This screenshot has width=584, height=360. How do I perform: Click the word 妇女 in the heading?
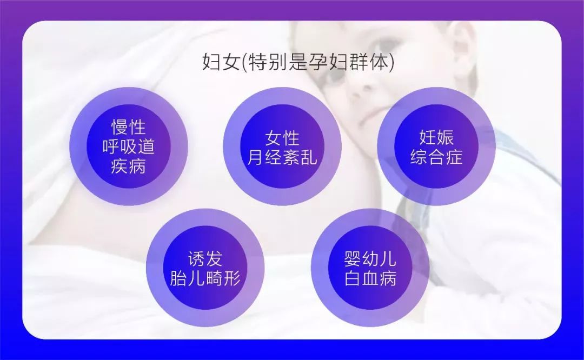point(221,62)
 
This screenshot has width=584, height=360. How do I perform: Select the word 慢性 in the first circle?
point(129,127)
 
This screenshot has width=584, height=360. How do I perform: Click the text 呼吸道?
point(129,146)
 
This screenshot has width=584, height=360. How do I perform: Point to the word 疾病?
point(129,165)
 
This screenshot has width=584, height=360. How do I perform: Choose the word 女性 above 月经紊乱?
point(282,138)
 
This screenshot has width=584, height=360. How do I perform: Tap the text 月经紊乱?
point(282,157)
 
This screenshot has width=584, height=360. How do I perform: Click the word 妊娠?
point(436,137)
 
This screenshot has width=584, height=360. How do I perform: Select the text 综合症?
point(436,157)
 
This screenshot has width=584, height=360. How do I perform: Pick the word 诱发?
point(205,259)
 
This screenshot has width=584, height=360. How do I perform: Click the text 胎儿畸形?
point(205,278)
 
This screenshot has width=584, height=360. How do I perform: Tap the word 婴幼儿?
point(370,259)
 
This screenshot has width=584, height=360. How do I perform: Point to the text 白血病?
point(370,278)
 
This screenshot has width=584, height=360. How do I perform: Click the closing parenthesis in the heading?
point(391,62)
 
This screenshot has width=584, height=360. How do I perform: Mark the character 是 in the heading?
point(297,62)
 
